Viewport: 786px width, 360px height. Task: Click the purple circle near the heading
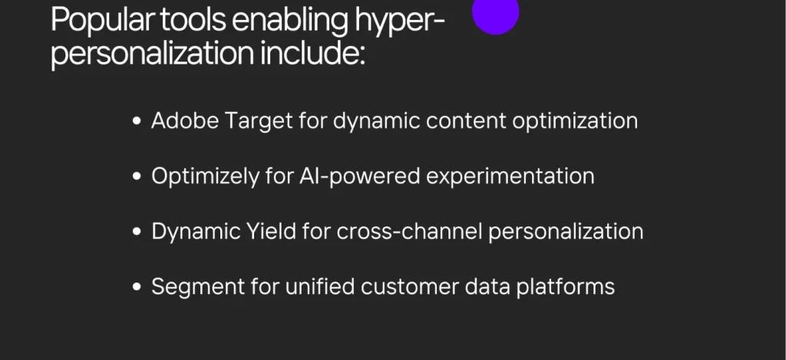[495, 12]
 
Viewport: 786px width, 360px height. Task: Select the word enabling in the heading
[290, 21]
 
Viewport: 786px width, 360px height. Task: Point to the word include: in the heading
[312, 52]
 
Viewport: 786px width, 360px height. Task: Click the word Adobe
[185, 121]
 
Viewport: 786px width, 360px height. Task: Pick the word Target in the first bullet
[259, 121]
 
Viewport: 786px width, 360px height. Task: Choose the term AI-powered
[359, 177]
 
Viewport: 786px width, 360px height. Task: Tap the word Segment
[198, 287]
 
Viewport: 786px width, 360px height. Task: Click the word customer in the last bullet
[410, 287]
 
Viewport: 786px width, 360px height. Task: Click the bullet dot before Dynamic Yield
[137, 232]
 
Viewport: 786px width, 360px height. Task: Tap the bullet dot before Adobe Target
[137, 121]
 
